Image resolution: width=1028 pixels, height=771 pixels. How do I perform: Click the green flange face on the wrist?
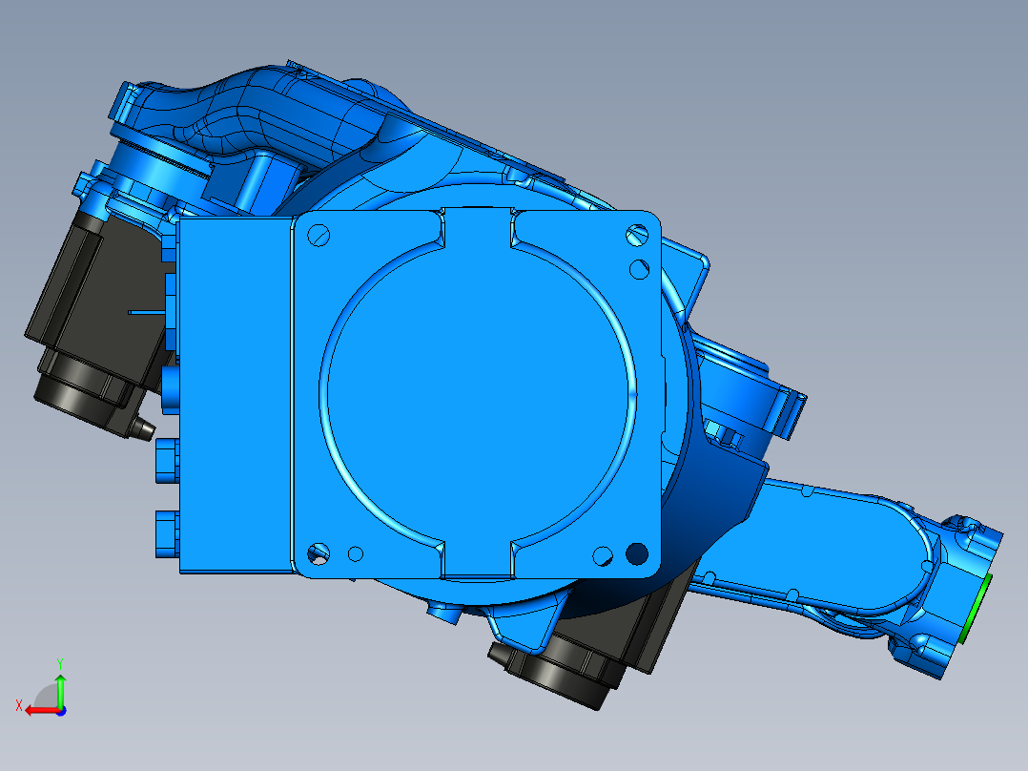[980, 609]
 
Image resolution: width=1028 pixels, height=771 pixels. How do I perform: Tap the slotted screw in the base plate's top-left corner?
[319, 232]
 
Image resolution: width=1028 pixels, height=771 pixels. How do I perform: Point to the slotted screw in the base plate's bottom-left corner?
[318, 552]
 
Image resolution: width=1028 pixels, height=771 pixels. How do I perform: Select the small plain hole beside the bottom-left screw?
[356, 552]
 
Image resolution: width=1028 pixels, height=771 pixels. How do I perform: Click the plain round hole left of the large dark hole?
[603, 553]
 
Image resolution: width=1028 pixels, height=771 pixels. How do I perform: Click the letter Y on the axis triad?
[59, 661]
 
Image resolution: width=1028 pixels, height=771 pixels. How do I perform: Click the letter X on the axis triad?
[19, 705]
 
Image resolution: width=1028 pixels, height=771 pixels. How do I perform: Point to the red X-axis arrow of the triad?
[38, 710]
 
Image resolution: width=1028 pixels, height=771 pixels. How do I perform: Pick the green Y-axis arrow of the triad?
[60, 687]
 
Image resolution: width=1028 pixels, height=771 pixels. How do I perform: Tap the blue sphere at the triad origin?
[60, 710]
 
